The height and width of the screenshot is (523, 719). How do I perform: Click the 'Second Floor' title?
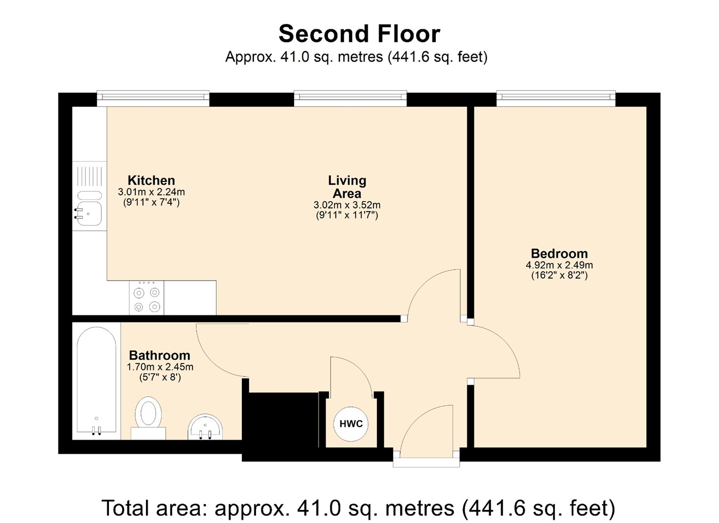[x=359, y=34]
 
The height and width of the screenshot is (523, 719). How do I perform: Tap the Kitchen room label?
[x=151, y=180]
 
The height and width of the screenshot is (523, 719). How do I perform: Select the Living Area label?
[x=347, y=187]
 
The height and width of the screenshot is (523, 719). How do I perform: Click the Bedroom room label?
[x=559, y=253]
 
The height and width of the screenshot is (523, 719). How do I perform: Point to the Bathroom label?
[x=160, y=355]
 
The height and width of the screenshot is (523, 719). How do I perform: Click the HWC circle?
[x=351, y=424]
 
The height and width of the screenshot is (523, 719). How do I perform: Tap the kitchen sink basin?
[x=89, y=213]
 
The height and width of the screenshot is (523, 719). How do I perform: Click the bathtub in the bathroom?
[x=96, y=381]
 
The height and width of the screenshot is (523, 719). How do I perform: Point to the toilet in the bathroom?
[x=148, y=414]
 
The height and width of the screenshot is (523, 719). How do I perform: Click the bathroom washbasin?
[x=205, y=427]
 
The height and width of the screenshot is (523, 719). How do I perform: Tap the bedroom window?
[x=556, y=98]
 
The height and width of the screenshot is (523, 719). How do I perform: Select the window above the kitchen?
[x=153, y=98]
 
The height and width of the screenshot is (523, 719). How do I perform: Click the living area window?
[x=350, y=98]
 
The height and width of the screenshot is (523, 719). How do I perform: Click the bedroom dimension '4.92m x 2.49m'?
[x=559, y=265]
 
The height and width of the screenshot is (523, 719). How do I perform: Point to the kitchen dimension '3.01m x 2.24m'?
[x=151, y=192]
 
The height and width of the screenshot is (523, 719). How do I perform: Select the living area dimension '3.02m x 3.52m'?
[x=347, y=205]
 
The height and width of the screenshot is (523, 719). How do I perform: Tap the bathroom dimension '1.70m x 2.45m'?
[x=160, y=367]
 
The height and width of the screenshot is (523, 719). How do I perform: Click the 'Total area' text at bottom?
[x=358, y=508]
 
